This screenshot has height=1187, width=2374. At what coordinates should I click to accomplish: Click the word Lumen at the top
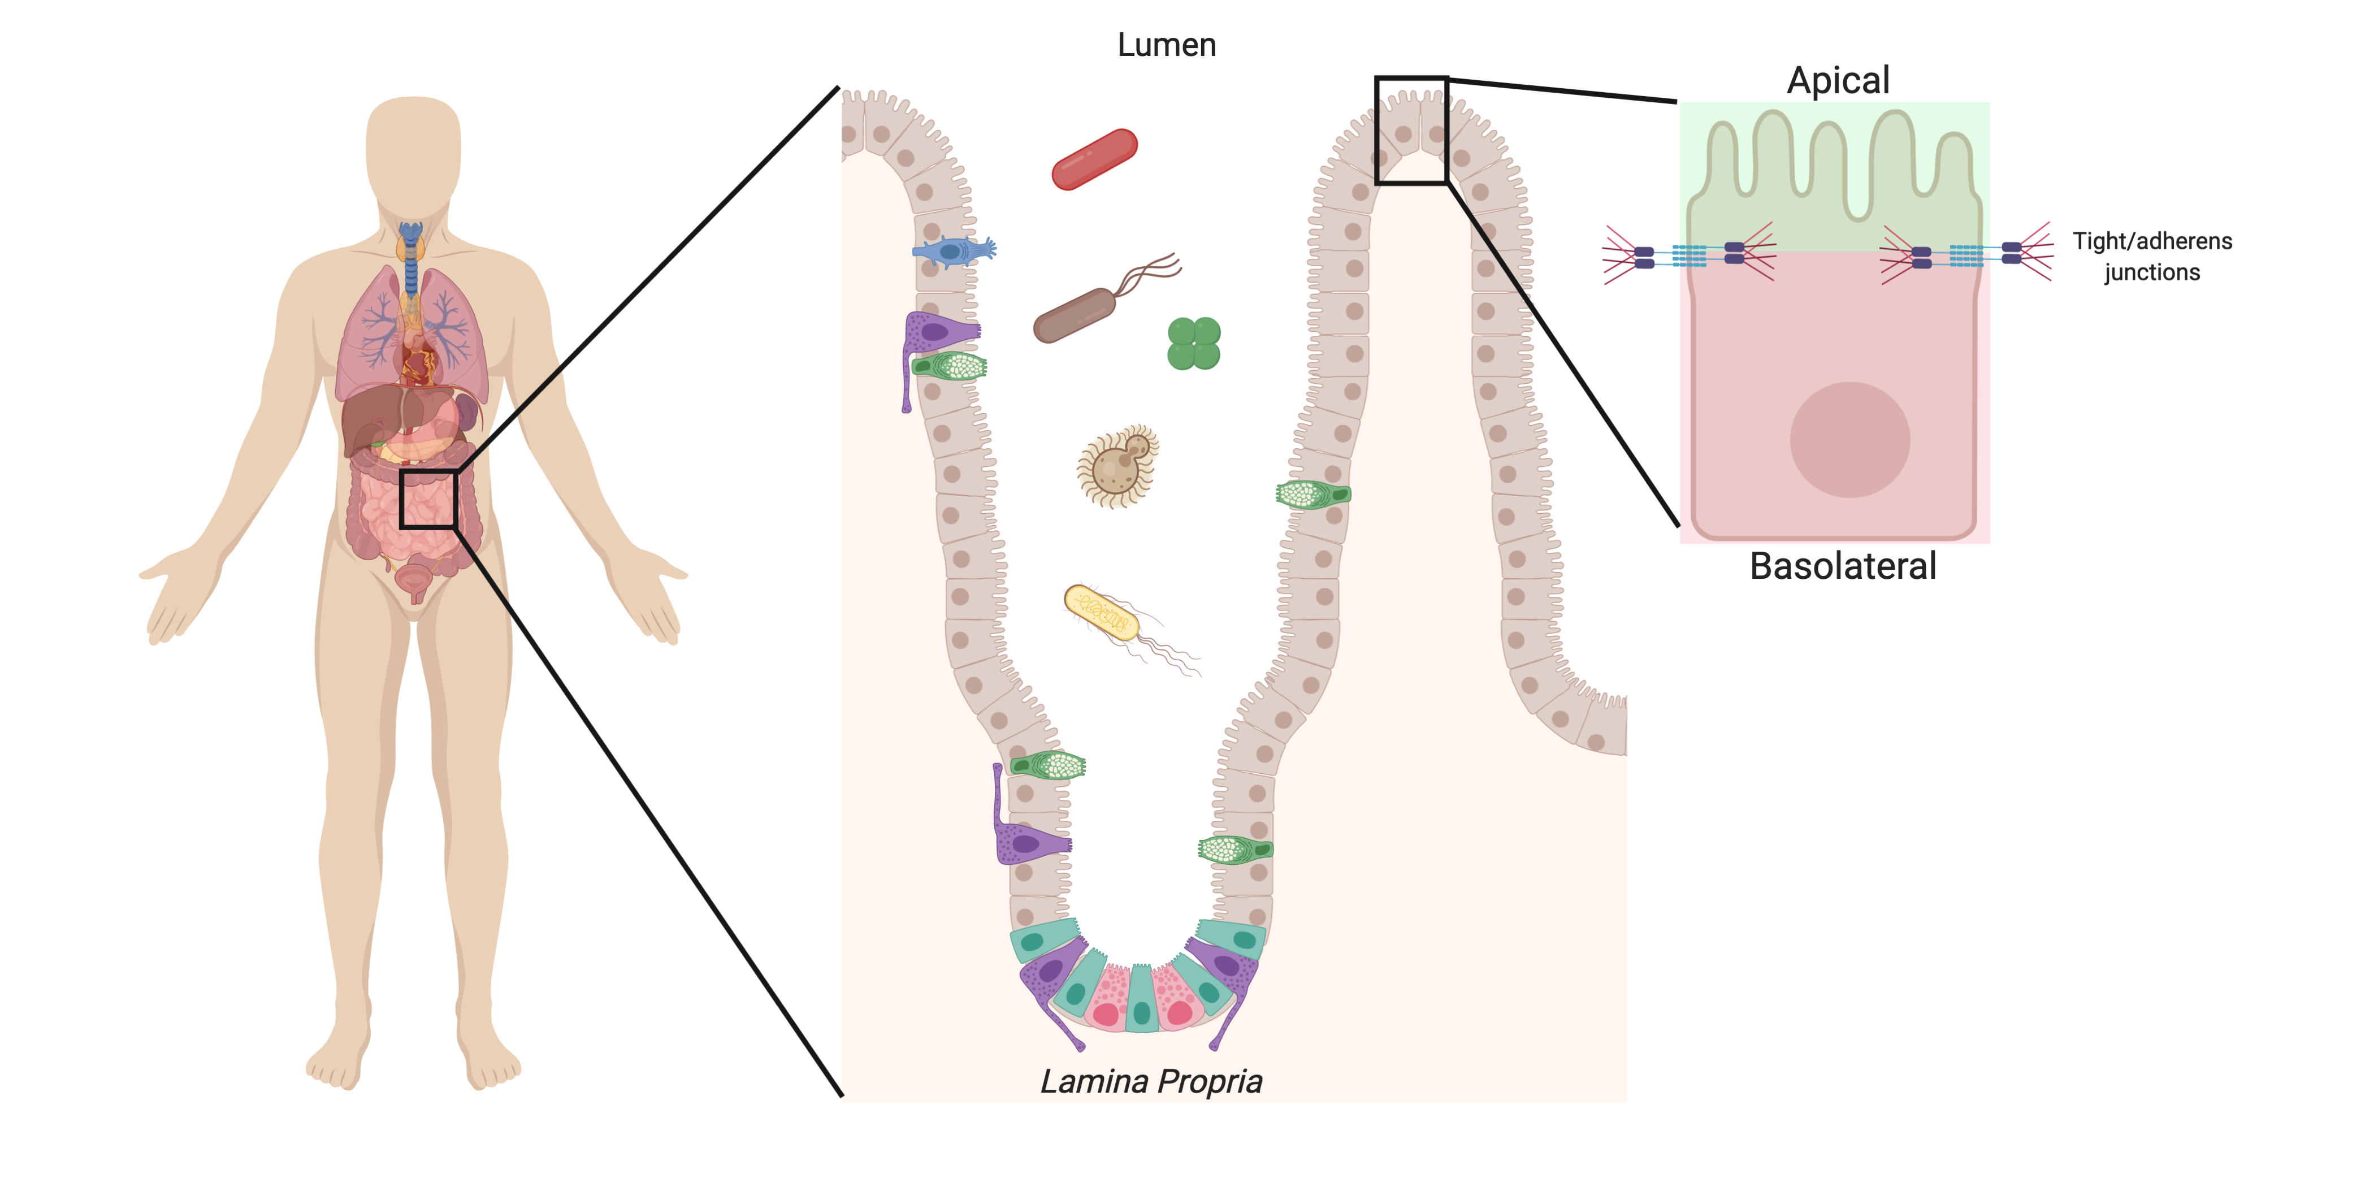pyautogui.click(x=1167, y=45)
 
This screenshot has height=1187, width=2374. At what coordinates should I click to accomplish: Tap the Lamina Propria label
pyautogui.click(x=1151, y=1081)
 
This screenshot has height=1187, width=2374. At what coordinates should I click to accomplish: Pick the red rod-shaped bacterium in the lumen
pyautogui.click(x=1094, y=158)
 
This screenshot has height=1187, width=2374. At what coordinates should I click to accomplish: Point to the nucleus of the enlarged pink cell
pyautogui.click(x=1849, y=440)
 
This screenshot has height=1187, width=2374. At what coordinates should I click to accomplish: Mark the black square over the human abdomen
pyautogui.click(x=428, y=499)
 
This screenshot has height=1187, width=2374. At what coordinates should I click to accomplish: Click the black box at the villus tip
pyautogui.click(x=1410, y=130)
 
